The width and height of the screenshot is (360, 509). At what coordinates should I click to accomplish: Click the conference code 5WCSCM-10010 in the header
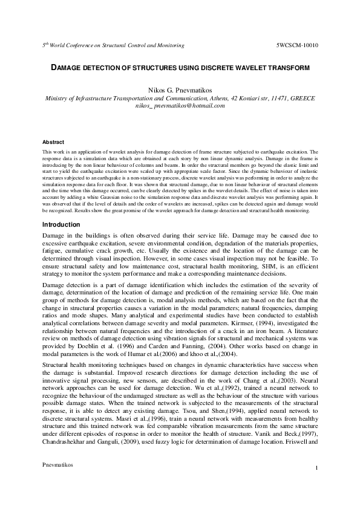point(297,45)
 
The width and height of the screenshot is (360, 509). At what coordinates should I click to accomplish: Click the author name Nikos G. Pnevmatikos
point(180,89)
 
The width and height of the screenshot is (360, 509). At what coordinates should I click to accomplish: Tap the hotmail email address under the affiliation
point(180,105)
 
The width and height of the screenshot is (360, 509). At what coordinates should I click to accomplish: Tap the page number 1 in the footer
point(316,485)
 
